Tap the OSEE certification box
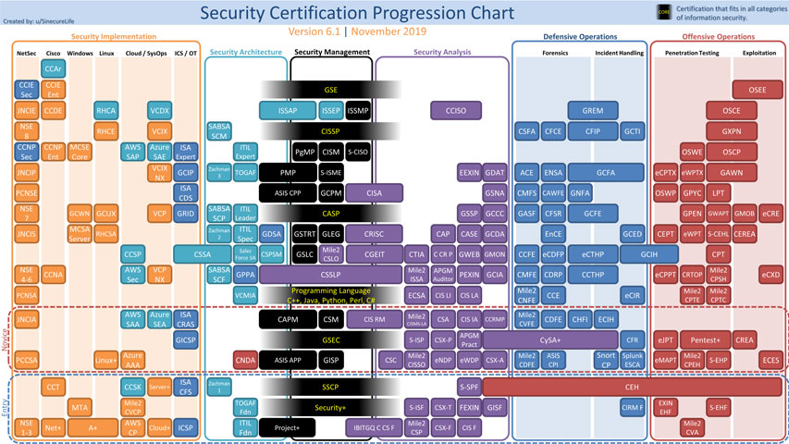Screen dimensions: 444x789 click(756, 90)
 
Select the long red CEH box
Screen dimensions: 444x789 click(633, 385)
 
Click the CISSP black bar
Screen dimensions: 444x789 click(330, 131)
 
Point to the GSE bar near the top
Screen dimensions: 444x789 click(330, 90)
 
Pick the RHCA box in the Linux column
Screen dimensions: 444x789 click(105, 111)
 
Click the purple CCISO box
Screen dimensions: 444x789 click(454, 111)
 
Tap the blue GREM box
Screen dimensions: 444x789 click(592, 111)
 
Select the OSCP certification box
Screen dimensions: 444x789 click(732, 152)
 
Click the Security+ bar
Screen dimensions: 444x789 click(330, 407)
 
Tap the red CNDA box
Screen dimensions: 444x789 click(245, 359)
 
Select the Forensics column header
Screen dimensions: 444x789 click(555, 54)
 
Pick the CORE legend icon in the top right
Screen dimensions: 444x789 click(663, 12)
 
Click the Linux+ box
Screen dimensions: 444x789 click(105, 359)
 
